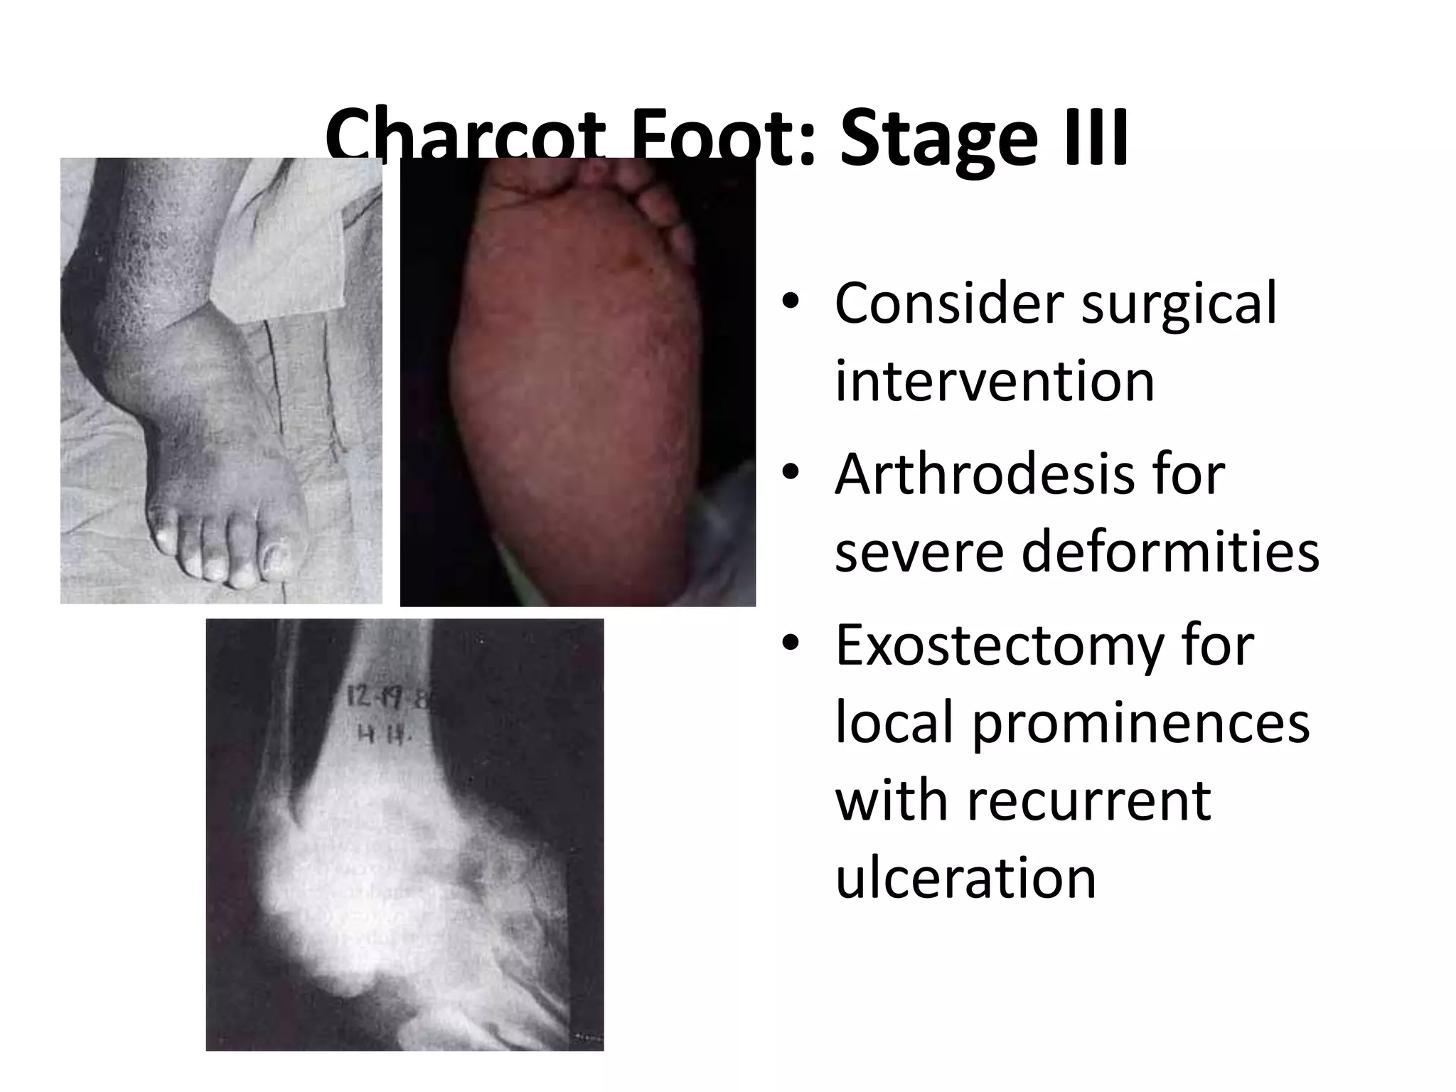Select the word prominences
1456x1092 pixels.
click(x=1140, y=724)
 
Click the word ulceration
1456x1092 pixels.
click(x=965, y=877)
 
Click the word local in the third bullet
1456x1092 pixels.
click(x=893, y=724)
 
